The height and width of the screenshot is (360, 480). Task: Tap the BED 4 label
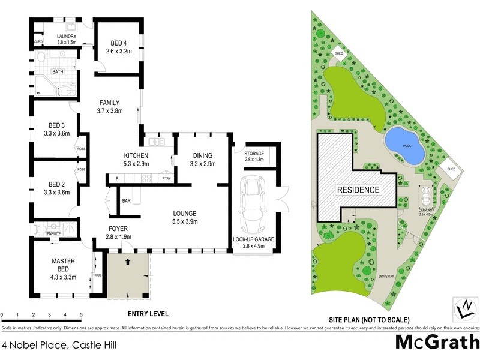[x=119, y=43]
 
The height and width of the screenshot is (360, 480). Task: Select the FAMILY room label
[x=110, y=103]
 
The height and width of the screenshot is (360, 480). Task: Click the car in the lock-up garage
[x=253, y=206]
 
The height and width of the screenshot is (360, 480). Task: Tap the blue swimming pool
[x=404, y=146]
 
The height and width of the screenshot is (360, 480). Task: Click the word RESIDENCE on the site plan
[x=358, y=190]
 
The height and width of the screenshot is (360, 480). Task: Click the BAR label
[x=127, y=200]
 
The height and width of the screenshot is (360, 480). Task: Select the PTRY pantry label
[x=166, y=179]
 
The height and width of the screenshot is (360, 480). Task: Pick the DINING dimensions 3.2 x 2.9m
[x=202, y=164]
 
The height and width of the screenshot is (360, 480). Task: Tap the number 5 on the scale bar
[x=80, y=314]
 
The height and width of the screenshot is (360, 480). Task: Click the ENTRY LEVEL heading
[x=148, y=314]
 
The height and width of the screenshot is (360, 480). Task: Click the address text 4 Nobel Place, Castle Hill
[x=58, y=345]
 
